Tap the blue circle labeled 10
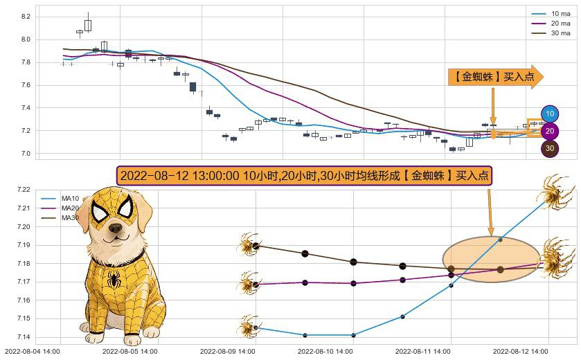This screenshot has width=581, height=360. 550,114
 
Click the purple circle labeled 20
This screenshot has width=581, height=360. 550,131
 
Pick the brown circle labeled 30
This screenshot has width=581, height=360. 550,147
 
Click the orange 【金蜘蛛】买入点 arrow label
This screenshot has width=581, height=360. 494,78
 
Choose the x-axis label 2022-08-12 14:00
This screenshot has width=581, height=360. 521,352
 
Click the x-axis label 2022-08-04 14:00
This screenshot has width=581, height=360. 32,352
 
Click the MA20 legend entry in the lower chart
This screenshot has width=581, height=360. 70,208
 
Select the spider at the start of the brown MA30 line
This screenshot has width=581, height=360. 247,244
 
